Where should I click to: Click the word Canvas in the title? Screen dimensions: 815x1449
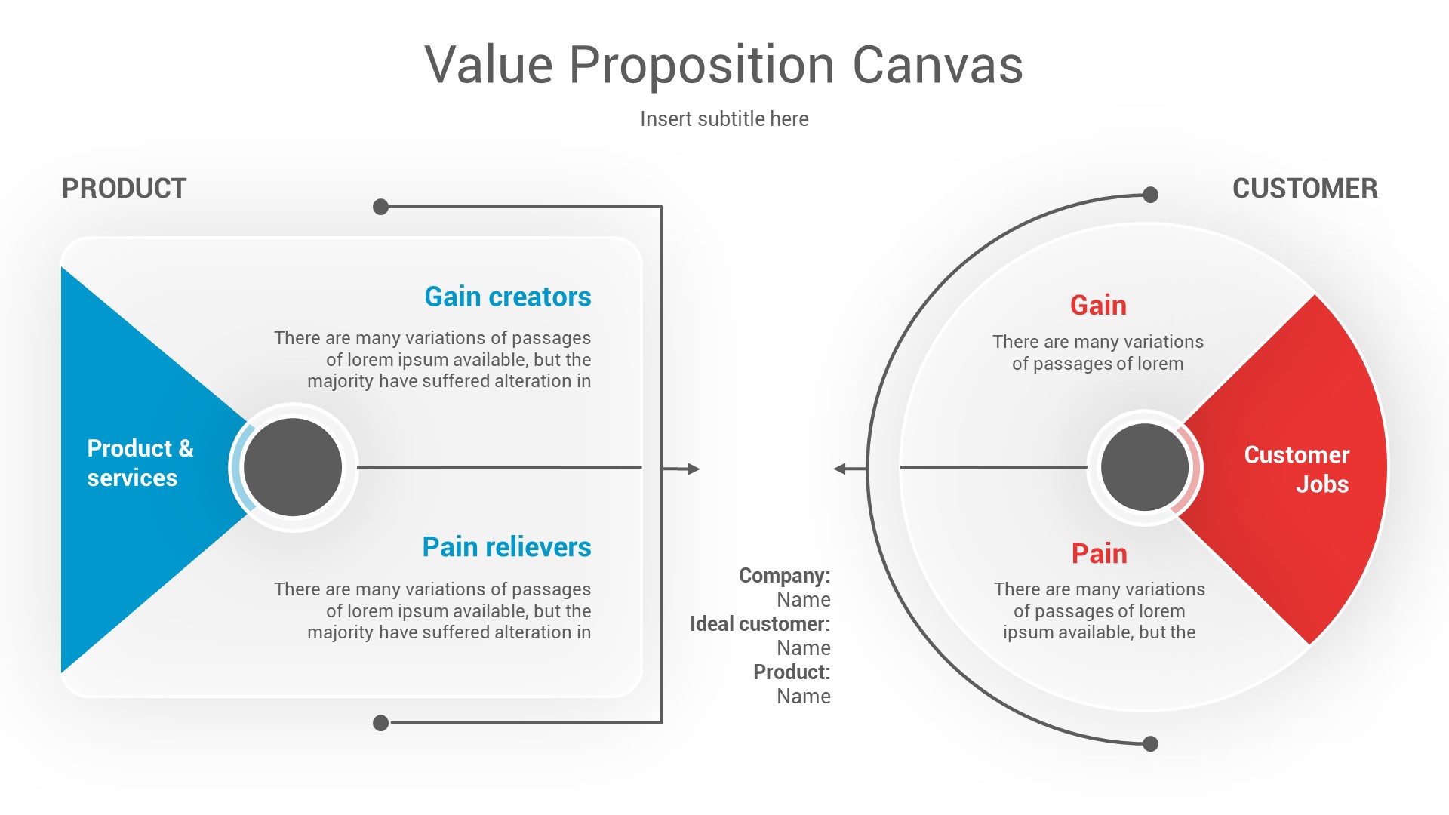coord(937,66)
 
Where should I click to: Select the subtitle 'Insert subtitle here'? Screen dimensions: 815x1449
coord(724,119)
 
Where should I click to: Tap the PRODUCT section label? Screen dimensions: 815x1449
coord(124,189)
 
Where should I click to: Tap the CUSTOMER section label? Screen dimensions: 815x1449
coord(1304,189)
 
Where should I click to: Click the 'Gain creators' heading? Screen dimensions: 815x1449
coord(507,297)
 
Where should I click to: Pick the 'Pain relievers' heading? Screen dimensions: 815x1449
coord(506,547)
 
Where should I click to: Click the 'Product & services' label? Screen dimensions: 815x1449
coord(140,463)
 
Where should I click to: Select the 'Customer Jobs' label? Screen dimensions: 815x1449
coord(1297,469)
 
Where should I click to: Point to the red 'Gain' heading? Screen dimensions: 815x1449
coord(1098,306)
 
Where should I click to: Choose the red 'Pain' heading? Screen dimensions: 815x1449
coord(1099,554)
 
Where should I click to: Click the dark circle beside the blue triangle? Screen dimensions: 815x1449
coord(293,467)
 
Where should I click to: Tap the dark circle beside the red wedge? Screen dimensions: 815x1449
coord(1144,467)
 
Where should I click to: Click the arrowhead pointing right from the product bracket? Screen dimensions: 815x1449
coord(694,469)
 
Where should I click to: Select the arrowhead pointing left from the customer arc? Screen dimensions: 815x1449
coord(840,469)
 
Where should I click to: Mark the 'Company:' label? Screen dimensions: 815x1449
coord(784,576)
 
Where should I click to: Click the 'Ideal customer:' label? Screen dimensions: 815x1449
coord(759,624)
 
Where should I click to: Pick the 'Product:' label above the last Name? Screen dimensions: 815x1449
coord(791,672)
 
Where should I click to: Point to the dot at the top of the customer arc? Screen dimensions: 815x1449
coord(1150,195)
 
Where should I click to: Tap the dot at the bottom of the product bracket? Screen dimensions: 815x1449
coord(381,723)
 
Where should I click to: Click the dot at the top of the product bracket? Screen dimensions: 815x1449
coord(381,207)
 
